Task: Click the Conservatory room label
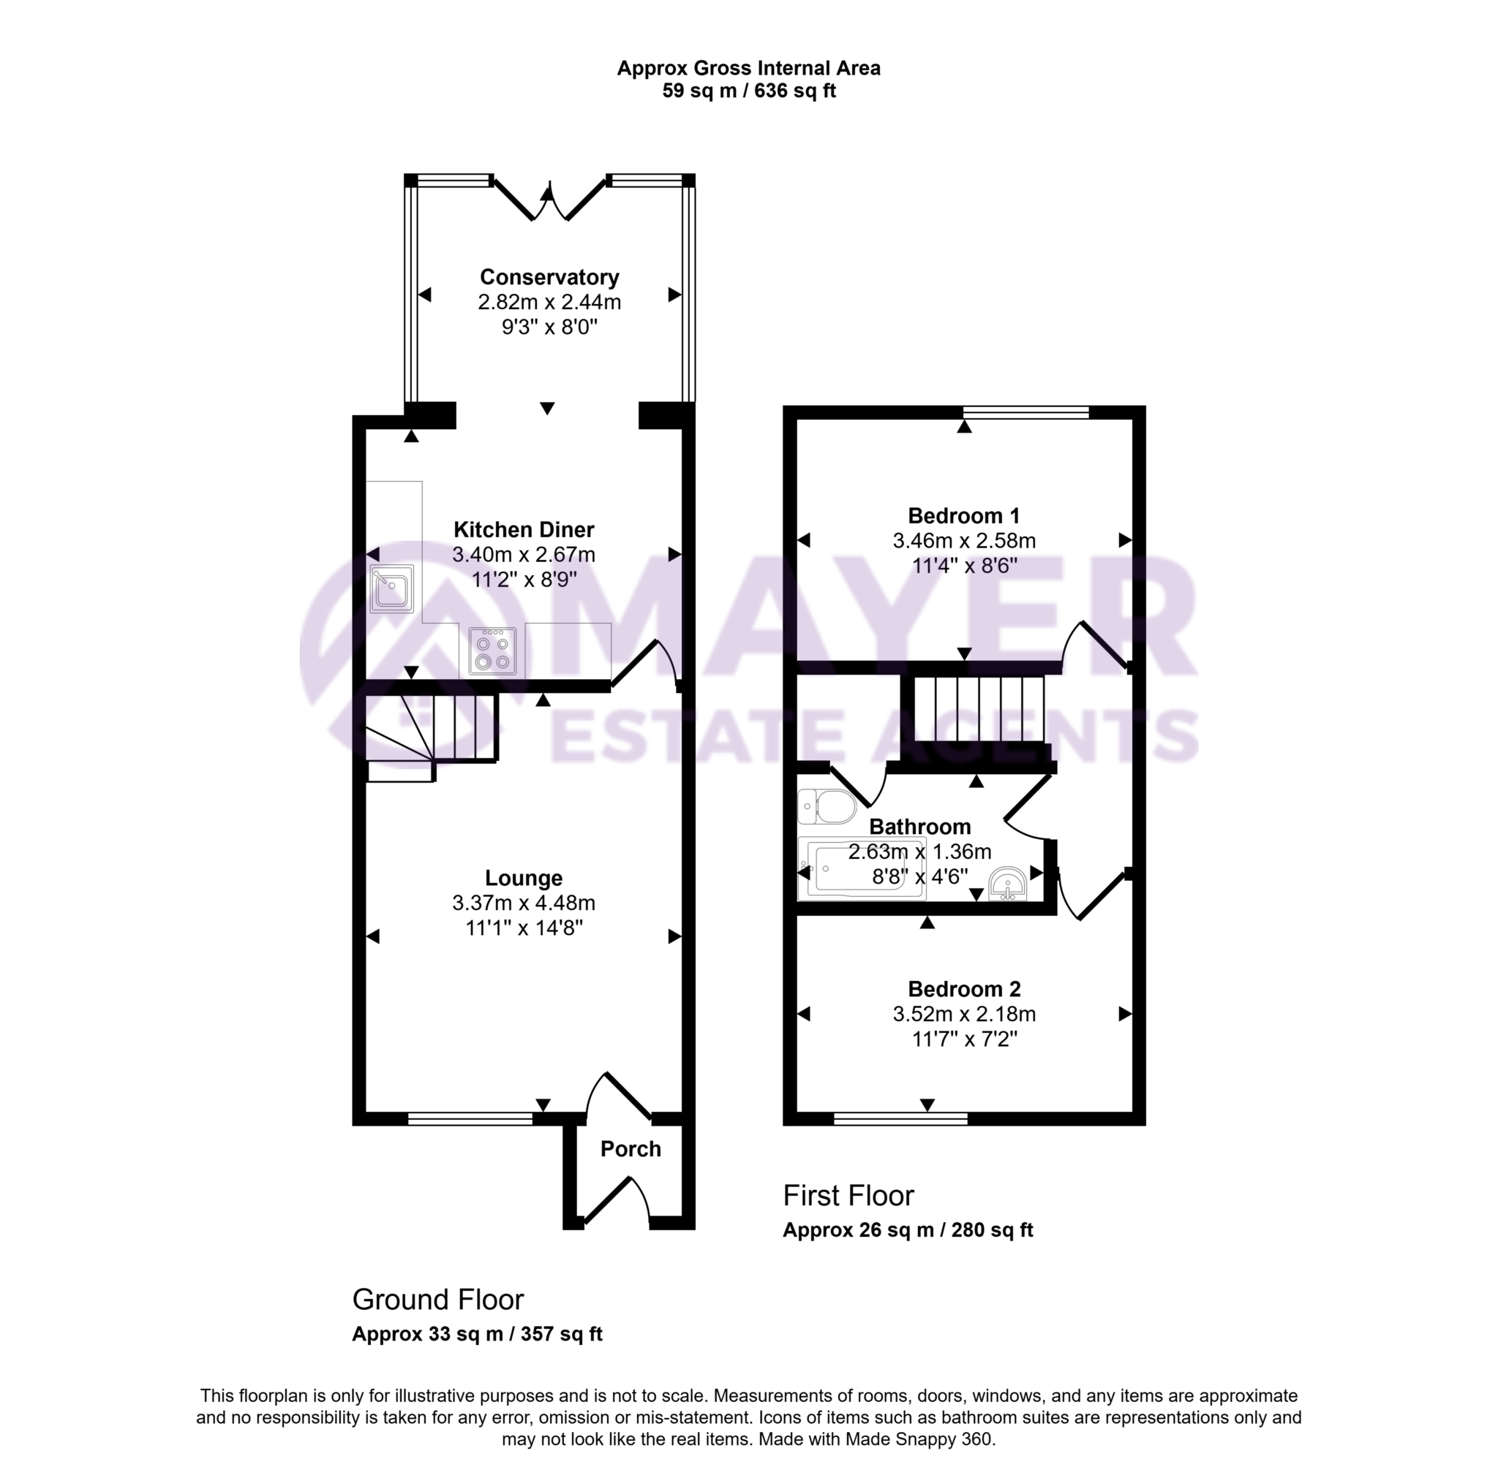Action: tap(549, 277)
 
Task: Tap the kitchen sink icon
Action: tap(391, 588)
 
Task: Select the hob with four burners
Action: tap(492, 651)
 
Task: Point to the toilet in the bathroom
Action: tap(826, 807)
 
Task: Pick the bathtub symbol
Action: tap(862, 871)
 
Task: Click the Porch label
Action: tap(631, 1148)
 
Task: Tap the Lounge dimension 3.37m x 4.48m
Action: tap(524, 903)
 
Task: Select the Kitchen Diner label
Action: tap(524, 530)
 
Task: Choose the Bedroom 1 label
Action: tap(964, 515)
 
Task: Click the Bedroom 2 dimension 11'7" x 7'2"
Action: tap(964, 1039)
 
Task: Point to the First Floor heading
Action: tap(848, 1196)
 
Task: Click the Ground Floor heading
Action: tap(438, 1300)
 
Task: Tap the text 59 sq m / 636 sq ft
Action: tap(748, 91)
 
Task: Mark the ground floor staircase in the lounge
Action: tap(430, 732)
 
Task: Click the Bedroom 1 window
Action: tap(1025, 412)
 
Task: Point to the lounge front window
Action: tap(470, 1118)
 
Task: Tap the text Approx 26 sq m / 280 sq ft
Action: tap(907, 1230)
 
